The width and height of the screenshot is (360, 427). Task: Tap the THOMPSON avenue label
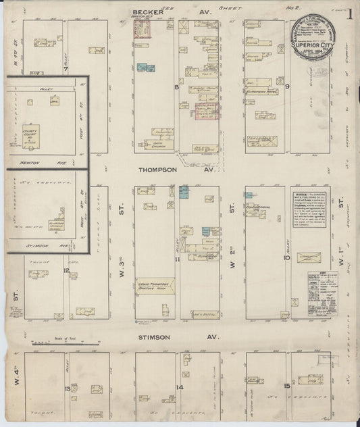(158, 170)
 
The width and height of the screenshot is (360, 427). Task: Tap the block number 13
(67, 389)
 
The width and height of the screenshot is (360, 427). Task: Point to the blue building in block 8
(143, 68)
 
